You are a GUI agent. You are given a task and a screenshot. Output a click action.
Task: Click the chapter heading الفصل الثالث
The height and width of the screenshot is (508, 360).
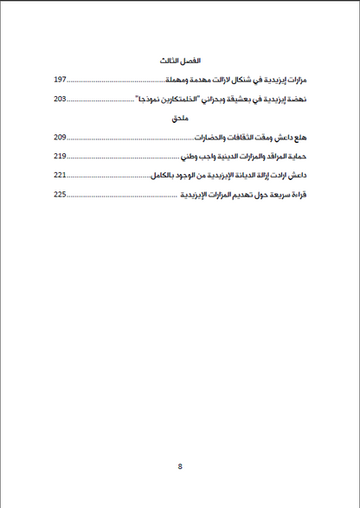tap(180, 63)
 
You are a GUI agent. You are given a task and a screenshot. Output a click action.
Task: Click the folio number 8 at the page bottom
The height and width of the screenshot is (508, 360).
tap(180, 466)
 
